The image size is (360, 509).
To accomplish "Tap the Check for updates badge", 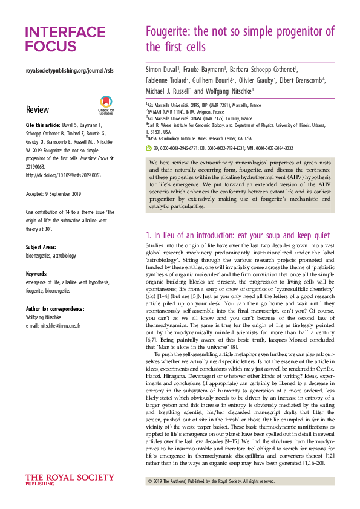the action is click(106, 106).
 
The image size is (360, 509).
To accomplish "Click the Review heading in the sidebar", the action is click(38, 110).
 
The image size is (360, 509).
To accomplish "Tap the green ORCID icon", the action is click(149, 147).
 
